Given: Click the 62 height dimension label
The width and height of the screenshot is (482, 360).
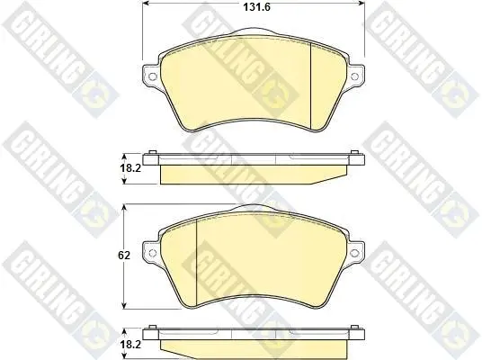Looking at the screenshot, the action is tap(124, 255).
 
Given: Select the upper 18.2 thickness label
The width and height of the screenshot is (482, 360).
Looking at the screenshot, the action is tap(130, 168).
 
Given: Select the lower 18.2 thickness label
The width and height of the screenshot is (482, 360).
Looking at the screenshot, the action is tap(130, 345).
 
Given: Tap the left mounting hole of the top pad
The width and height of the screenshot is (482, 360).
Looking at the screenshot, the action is tap(152, 76).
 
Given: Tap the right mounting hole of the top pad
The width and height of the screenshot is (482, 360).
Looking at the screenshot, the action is tap(354, 76).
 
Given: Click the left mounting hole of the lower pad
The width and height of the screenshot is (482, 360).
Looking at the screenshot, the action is tap(152, 253).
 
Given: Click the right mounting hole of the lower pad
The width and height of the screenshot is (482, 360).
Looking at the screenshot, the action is tap(354, 253).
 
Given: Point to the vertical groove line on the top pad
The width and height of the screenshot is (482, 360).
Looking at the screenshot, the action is tap(311, 85).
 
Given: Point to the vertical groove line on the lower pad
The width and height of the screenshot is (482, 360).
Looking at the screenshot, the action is tap(196, 263).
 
